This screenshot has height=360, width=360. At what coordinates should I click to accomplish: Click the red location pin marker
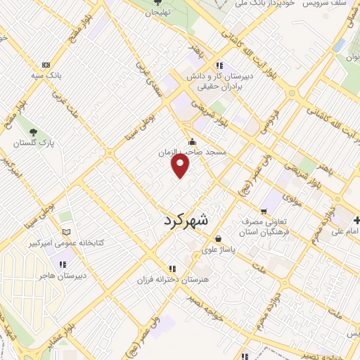tap(181, 165)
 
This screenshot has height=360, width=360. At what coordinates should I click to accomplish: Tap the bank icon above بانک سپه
tap(46, 64)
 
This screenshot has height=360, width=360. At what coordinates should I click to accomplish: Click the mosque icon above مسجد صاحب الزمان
tap(192, 141)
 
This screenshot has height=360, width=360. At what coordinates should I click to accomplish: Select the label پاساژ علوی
tap(219, 249)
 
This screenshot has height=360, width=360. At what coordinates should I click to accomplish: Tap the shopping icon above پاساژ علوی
tap(219, 238)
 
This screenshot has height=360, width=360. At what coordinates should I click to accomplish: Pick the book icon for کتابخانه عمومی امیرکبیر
tap(66, 231)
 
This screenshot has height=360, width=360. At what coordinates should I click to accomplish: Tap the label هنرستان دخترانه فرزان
tap(172, 279)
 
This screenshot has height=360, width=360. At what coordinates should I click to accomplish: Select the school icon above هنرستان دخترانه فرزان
tap(172, 269)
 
